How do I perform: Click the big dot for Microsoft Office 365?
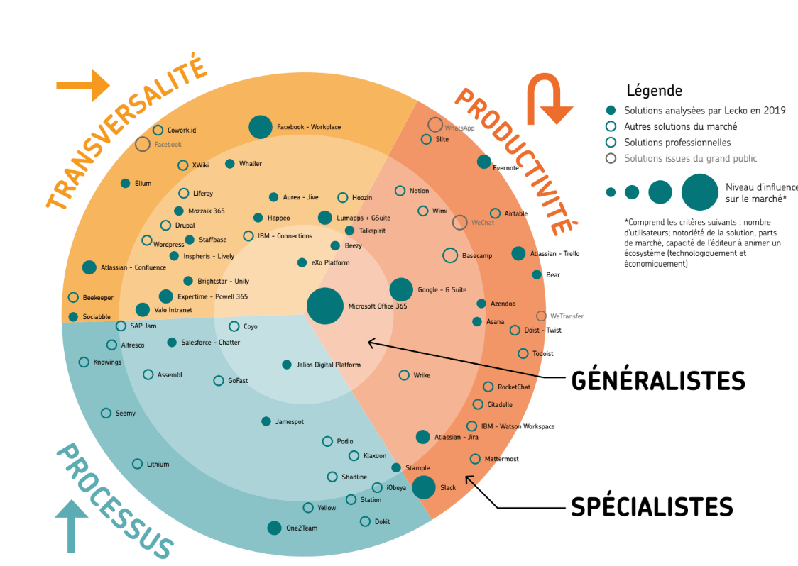pos(324,306)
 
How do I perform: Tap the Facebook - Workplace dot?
pos(261,127)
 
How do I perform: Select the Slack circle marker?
pos(423,487)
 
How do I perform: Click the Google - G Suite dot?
pos(401,290)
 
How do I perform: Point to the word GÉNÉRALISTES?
pos(658,381)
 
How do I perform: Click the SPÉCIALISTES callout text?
pos(652,506)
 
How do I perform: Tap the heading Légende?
pos(655,91)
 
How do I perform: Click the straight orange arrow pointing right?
pos(83,85)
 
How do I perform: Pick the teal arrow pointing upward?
pos(71,526)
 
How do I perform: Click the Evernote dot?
pos(484,162)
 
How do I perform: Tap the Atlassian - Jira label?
pos(457,437)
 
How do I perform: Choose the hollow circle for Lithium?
pos(138,464)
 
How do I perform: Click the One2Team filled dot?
pos(274,528)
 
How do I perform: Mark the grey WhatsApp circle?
pos(435,125)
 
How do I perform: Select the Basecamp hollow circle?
pos(450,255)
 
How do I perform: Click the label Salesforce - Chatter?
pos(211,343)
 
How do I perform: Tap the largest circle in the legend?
pos(700,192)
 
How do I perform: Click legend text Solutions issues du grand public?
pos(691,158)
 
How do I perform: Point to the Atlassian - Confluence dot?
pos(89,267)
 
